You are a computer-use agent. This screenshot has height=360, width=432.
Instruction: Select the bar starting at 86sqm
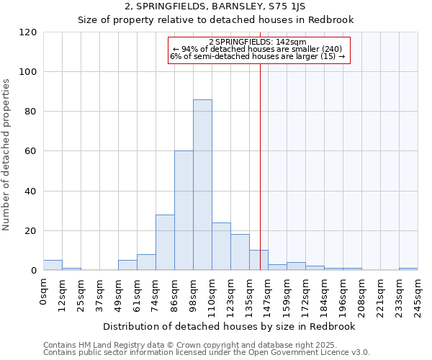[184, 210]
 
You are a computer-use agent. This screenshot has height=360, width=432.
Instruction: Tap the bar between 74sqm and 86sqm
[165, 242]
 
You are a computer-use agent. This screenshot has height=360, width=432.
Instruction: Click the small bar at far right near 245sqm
[408, 269]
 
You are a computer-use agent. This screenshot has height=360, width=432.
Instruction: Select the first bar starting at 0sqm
[53, 265]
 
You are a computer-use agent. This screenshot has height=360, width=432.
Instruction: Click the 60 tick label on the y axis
[31, 151]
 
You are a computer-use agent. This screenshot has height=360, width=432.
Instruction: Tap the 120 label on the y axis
[29, 32]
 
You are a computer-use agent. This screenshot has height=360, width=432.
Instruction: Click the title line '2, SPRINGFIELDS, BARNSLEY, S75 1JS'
[215, 7]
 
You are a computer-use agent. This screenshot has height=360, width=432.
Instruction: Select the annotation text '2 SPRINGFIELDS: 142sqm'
[258, 42]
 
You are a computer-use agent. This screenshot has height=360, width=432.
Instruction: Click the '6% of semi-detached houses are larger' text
[258, 56]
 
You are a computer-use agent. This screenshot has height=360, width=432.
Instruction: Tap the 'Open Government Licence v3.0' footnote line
[207, 352]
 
